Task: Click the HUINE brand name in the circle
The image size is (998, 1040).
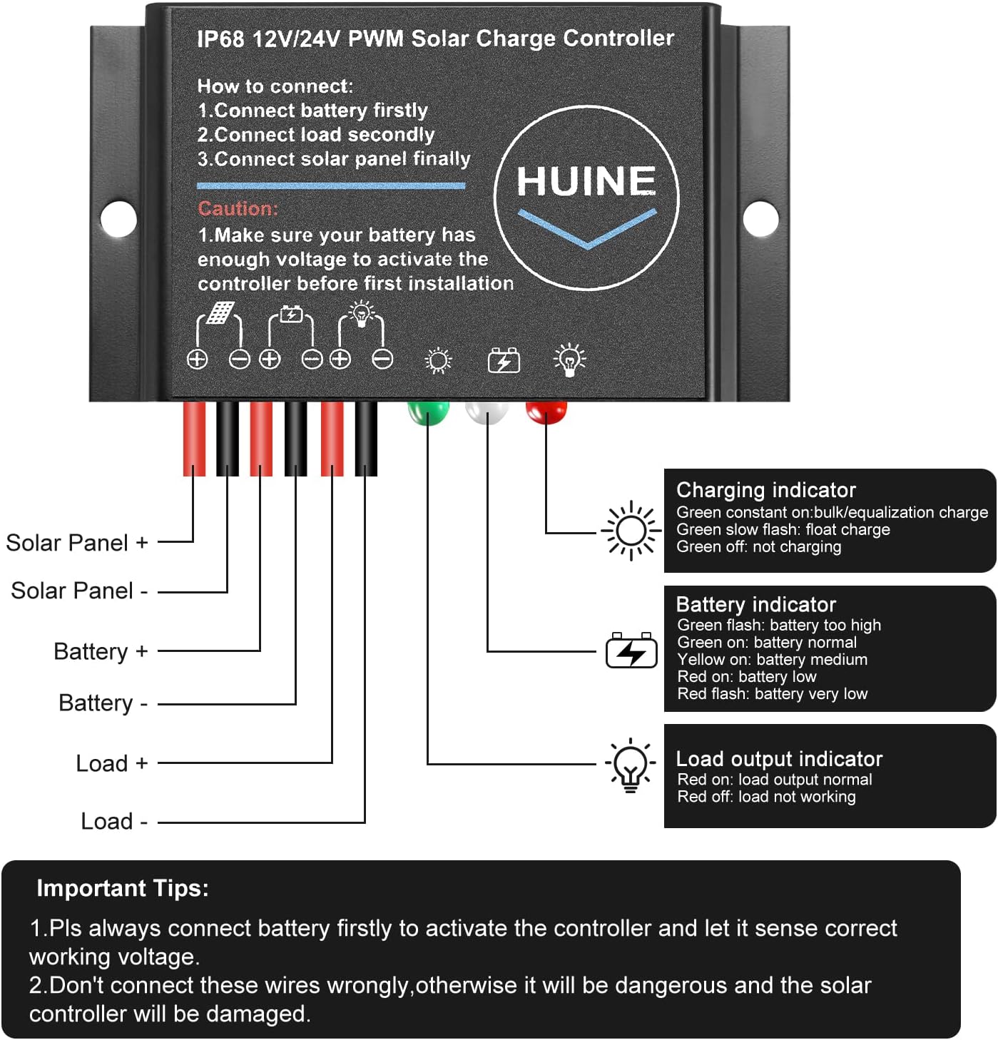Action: click(x=586, y=181)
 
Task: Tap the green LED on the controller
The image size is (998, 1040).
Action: click(x=428, y=412)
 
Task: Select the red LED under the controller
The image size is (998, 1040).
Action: click(x=546, y=410)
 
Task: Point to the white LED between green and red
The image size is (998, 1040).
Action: click(x=487, y=411)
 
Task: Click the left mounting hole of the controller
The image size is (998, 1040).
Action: click(x=118, y=218)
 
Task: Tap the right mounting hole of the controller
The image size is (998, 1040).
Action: click(x=760, y=218)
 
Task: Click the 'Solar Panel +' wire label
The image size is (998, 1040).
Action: click(x=77, y=543)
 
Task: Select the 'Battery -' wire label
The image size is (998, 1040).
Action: click(x=103, y=703)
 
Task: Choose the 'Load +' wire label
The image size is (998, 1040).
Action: click(x=112, y=763)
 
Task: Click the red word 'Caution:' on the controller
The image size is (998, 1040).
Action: click(x=238, y=208)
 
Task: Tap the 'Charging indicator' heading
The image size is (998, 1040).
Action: click(x=765, y=490)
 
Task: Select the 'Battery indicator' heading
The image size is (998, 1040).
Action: click(x=755, y=605)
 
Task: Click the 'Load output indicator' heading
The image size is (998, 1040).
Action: click(x=779, y=759)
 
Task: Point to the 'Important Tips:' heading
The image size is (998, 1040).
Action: click(x=123, y=888)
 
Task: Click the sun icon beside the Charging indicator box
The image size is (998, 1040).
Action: click(x=631, y=531)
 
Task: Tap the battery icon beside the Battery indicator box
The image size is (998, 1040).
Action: click(x=631, y=651)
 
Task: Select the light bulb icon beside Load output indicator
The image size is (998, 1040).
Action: click(x=631, y=765)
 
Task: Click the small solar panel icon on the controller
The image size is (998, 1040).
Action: click(x=220, y=312)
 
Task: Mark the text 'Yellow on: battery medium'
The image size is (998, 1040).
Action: click(x=772, y=660)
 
